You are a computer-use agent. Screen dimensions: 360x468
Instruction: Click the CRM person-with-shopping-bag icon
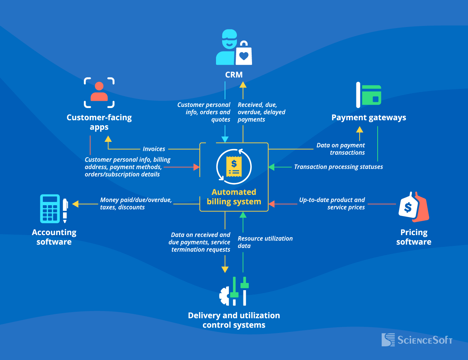(234, 48)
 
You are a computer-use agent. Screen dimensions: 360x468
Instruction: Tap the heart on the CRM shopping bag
(244, 56)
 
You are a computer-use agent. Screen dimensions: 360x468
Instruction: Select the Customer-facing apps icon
(99, 93)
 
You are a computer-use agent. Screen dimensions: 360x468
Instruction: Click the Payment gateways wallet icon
(369, 95)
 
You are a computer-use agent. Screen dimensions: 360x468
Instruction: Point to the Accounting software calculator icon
(54, 209)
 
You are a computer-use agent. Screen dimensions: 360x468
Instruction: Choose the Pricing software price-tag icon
(414, 207)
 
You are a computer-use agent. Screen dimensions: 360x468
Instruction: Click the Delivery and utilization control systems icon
(234, 292)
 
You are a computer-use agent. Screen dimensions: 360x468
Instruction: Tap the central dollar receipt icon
(234, 167)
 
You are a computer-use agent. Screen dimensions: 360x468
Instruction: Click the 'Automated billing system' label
(234, 197)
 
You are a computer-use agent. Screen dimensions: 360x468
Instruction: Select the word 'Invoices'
(154, 149)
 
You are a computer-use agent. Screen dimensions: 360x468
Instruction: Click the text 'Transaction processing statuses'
(338, 167)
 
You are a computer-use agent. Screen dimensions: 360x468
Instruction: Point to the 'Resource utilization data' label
(265, 242)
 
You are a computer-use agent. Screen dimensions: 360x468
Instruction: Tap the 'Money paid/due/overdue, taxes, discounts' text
(136, 203)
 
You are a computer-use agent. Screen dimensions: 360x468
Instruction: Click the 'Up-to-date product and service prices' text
(332, 203)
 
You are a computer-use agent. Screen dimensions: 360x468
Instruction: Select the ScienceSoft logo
(417, 340)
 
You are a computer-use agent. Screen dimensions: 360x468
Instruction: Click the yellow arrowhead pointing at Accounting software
(75, 204)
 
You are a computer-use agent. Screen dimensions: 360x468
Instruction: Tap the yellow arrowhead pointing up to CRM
(243, 85)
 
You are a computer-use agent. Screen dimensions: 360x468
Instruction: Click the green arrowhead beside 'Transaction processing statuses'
(271, 167)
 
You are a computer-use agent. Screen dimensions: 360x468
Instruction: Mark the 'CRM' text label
(234, 75)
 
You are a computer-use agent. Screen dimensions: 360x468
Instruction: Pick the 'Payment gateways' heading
(369, 118)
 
